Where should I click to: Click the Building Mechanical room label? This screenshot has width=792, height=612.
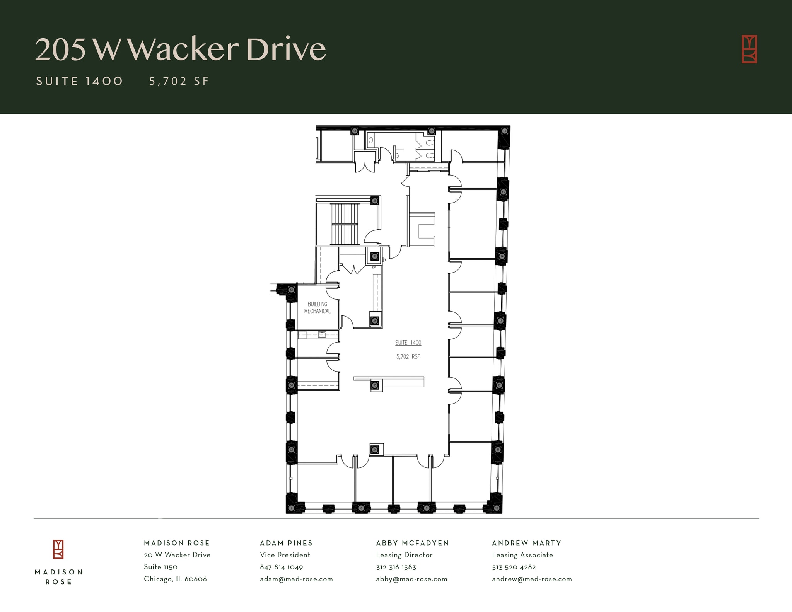coord(317,307)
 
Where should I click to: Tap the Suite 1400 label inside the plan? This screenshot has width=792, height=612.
coord(408,343)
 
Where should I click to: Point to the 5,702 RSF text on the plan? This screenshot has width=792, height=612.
coord(408,356)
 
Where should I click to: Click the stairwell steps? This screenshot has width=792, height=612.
coord(345,224)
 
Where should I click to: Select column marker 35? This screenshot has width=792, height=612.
coord(374,385)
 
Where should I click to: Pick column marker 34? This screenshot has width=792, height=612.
coord(374,450)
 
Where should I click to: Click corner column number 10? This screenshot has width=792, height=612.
coord(497,508)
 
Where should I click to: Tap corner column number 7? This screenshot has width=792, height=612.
coord(291,508)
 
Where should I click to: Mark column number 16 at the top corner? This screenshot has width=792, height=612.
coord(504,131)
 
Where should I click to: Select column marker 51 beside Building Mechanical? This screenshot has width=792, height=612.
coord(292,290)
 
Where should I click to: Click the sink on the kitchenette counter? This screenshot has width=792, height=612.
coord(322,335)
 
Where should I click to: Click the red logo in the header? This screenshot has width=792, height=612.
coord(749,49)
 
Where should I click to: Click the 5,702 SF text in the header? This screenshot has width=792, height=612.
coord(179,81)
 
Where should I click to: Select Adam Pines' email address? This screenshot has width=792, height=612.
coord(296,579)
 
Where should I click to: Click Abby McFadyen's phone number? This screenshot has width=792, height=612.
coord(396,567)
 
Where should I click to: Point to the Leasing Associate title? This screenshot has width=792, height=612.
coord(522,555)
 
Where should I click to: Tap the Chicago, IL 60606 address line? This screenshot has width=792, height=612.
coord(175,579)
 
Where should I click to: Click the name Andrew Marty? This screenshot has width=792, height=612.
coord(526,543)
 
